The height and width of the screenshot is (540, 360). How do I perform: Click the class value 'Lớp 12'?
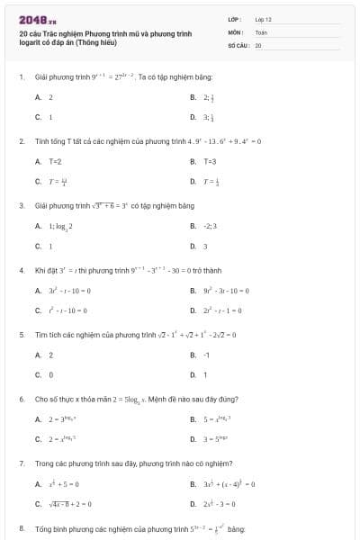[x=263, y=19]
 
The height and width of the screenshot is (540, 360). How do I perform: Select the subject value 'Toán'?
[x=261, y=31]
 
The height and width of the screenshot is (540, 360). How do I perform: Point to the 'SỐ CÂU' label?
[x=237, y=44]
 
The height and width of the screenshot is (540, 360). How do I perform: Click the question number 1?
[x=21, y=77]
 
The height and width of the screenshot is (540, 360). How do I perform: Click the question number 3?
[x=21, y=206]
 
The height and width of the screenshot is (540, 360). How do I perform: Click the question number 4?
[x=21, y=270]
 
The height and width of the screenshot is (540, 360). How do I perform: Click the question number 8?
[x=21, y=528]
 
